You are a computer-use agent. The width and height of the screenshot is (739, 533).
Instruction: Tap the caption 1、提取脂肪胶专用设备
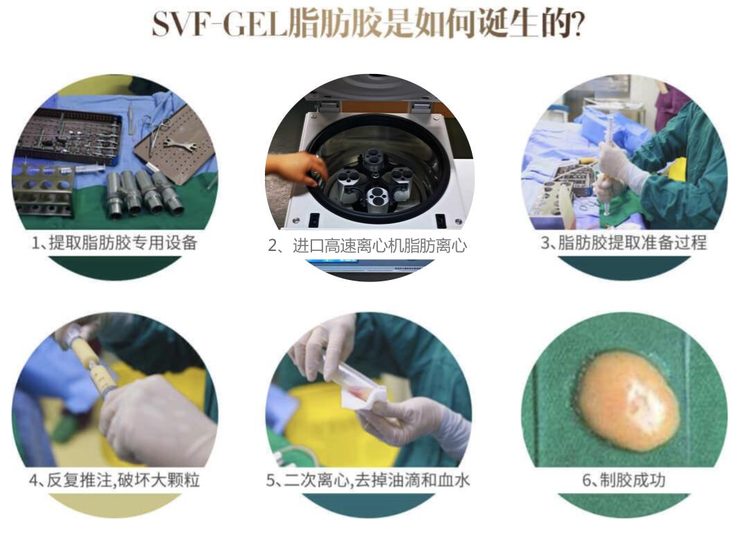coord(115,243)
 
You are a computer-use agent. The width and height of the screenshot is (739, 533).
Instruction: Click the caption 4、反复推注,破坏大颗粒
coord(115,480)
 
